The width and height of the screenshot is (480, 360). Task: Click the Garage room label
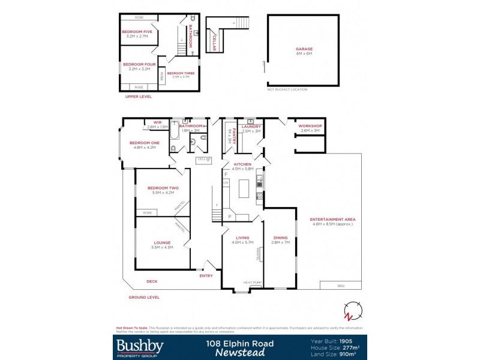click(x=304, y=49)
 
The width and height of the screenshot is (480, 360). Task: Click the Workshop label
click(x=311, y=126)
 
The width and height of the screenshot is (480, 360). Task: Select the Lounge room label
click(x=163, y=242)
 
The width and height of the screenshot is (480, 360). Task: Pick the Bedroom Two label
click(x=160, y=188)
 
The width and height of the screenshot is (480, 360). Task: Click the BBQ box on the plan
click(x=341, y=285)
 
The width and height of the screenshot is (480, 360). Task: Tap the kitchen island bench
click(x=244, y=189)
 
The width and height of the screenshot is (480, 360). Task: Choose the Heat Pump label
click(x=251, y=282)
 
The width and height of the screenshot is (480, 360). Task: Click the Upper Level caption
click(x=138, y=96)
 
